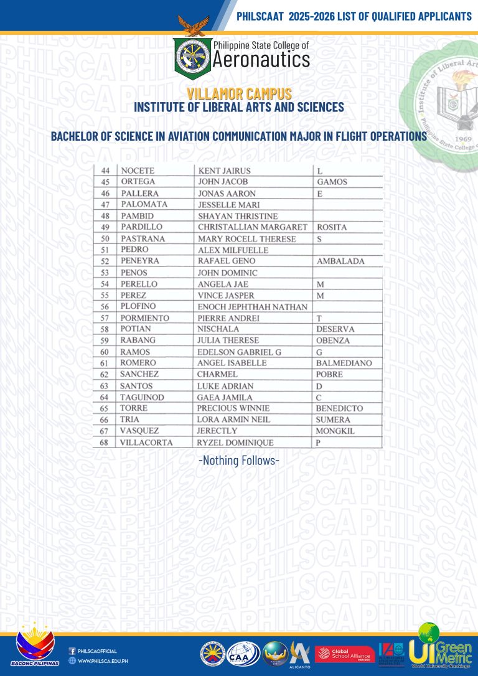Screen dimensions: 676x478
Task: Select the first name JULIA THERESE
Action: pyautogui.click(x=228, y=340)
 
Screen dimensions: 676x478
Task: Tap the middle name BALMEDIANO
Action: pyautogui.click(x=344, y=363)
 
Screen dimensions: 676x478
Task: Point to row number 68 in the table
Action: pyautogui.click(x=105, y=443)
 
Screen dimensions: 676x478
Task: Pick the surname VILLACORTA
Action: pyautogui.click(x=147, y=443)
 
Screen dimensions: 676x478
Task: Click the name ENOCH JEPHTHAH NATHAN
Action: pyautogui.click(x=252, y=307)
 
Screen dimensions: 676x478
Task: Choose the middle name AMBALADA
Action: pyautogui.click(x=340, y=261)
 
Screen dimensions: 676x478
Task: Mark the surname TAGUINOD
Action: pyautogui.click(x=143, y=397)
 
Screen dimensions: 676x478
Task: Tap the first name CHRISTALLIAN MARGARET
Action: pyautogui.click(x=252, y=227)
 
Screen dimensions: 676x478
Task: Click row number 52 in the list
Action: pyautogui.click(x=105, y=261)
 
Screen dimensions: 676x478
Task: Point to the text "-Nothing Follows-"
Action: pyautogui.click(x=238, y=461)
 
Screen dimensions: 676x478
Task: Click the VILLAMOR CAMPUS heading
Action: pyautogui.click(x=239, y=94)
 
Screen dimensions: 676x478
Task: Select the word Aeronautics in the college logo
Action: pyautogui.click(x=261, y=60)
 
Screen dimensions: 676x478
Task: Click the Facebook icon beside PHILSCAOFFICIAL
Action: pyautogui.click(x=72, y=650)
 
